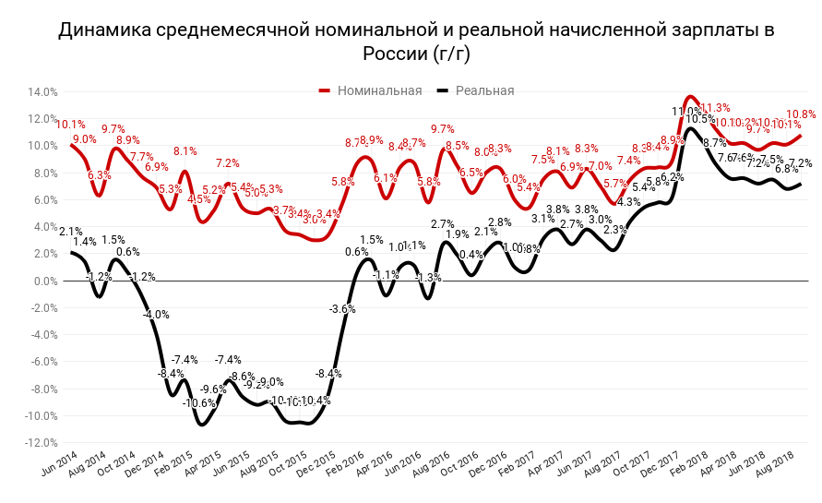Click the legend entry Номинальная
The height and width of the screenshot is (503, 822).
[379, 90]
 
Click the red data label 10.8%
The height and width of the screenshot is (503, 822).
[801, 114]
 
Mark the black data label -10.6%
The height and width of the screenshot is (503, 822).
[199, 402]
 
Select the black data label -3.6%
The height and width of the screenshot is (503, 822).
[342, 308]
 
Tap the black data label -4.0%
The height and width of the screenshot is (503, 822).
[156, 315]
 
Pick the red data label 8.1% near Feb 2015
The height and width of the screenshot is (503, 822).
[185, 151]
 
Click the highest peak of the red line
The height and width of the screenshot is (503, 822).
[689, 96]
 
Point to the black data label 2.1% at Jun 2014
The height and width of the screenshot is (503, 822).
[71, 231]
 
